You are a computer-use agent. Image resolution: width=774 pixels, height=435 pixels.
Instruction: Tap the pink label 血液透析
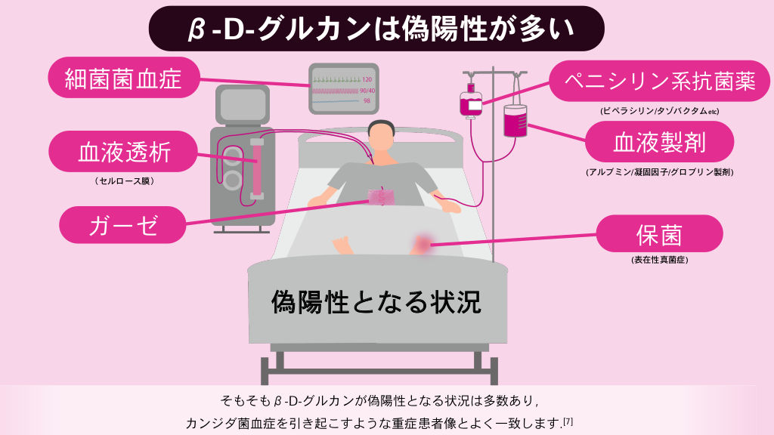tap(125, 153)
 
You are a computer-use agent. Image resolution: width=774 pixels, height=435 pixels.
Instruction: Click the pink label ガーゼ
tap(123, 224)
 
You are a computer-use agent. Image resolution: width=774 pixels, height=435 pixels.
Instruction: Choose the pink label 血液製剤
tap(659, 141)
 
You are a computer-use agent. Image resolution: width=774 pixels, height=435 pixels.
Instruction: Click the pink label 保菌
tap(659, 235)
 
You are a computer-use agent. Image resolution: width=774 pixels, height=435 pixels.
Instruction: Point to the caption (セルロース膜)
tap(125, 181)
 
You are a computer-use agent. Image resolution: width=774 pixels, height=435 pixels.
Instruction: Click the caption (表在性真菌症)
tap(659, 260)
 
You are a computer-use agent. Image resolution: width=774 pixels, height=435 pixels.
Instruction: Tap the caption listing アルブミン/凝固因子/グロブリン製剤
tap(659, 172)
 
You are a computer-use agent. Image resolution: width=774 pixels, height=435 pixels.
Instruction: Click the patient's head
tap(381, 136)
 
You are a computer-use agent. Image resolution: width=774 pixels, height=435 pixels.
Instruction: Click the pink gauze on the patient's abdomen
tap(381, 197)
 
